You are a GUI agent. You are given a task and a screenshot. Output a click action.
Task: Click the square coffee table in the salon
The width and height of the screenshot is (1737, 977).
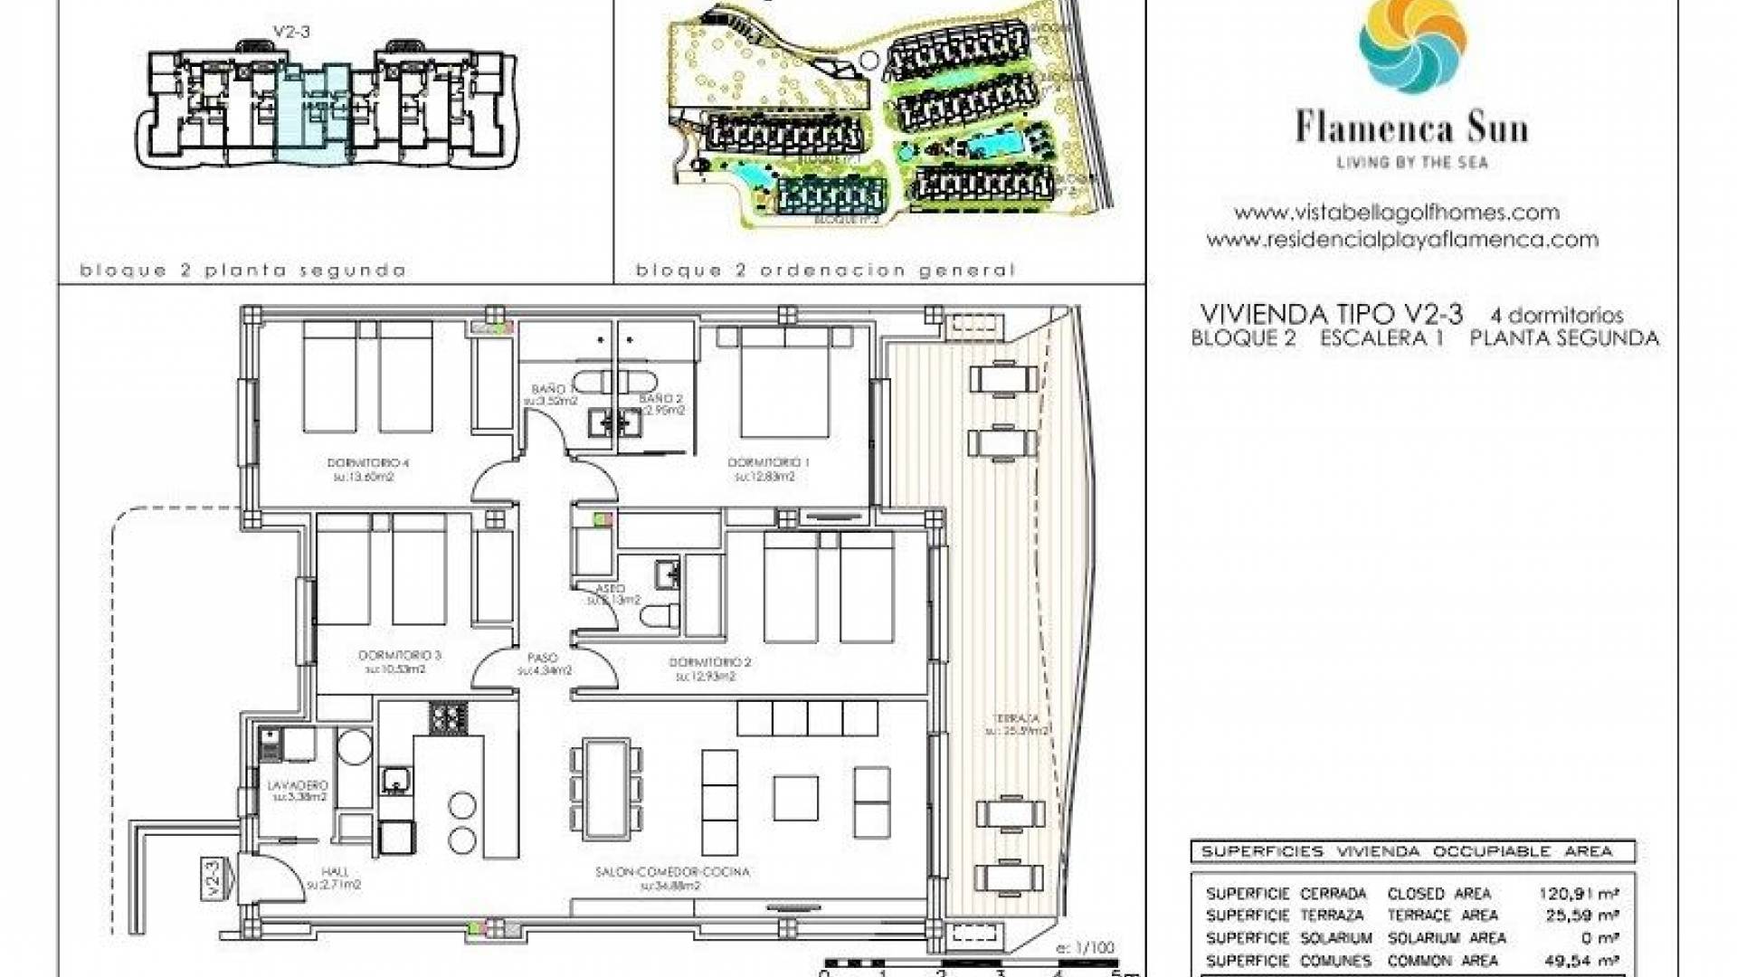pos(796,799)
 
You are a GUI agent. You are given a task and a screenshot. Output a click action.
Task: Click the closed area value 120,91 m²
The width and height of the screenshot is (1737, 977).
pos(1579,894)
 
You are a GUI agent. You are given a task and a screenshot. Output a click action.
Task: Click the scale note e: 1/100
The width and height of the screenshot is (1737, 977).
pos(1085,948)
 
